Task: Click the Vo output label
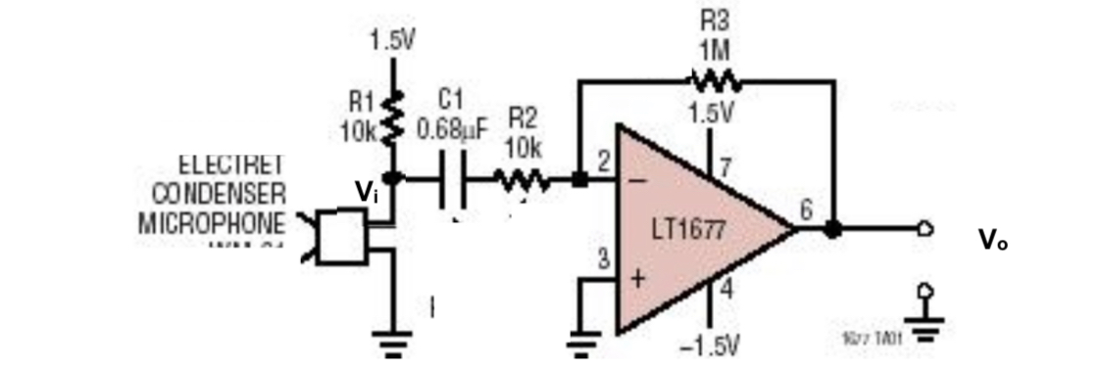992,240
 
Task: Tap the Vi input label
366,192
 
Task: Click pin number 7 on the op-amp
725,166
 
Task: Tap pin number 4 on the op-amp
726,290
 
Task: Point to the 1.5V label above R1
392,41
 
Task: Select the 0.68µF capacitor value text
452,129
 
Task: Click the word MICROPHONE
212,221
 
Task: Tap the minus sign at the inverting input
638,180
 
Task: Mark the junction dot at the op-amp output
832,230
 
